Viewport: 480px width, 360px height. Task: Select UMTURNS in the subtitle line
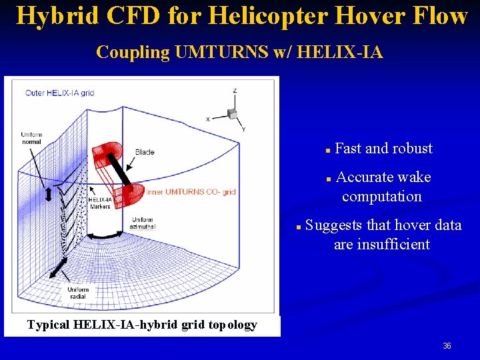[x=221, y=52]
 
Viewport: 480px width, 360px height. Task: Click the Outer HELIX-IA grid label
[x=60, y=93]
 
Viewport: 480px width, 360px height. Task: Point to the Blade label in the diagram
[x=145, y=152]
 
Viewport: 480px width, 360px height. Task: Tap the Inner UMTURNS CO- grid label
[x=191, y=192]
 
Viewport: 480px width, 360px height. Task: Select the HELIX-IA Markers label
[x=100, y=203]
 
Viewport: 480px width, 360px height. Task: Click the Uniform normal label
[x=31, y=138]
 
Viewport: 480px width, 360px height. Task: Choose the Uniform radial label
[x=77, y=293]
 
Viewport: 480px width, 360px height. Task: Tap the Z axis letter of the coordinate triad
[x=235, y=91]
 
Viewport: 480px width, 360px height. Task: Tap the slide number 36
[x=447, y=346]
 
